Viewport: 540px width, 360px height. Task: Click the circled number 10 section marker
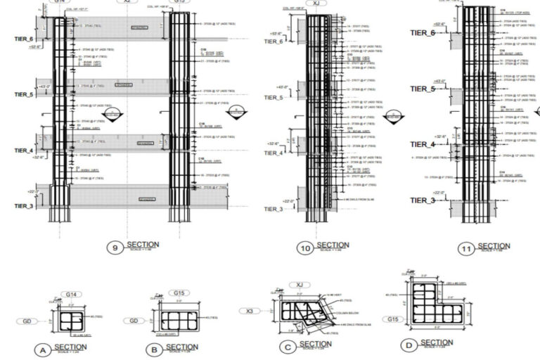coord(305,247)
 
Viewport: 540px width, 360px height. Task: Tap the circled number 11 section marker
coord(465,248)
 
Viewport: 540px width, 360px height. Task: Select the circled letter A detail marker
coord(44,349)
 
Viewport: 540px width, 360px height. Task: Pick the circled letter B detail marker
coord(153,349)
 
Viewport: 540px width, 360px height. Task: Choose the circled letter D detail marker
coord(407,345)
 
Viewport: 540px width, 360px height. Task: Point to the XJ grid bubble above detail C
coord(300,284)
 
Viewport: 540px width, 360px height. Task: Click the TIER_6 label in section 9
coord(21,39)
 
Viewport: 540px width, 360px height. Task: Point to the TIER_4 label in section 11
coord(423,145)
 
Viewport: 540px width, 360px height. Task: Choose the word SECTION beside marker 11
coord(494,245)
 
